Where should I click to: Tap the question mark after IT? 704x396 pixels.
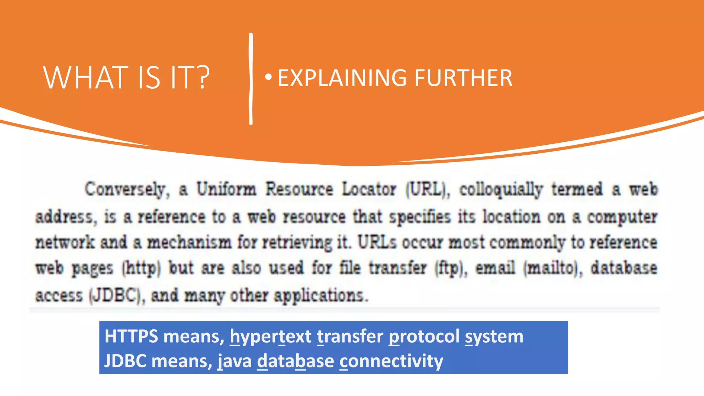pos(203,78)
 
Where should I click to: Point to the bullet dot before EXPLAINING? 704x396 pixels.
pos(268,77)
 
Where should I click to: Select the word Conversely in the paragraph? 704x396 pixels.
pos(126,189)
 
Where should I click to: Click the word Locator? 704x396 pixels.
pos(369,189)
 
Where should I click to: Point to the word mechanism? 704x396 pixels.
pos(189,242)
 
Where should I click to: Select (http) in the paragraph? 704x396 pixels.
pos(141,268)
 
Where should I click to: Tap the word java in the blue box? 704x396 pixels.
pos(235,361)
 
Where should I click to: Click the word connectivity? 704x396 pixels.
pos(391,361)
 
